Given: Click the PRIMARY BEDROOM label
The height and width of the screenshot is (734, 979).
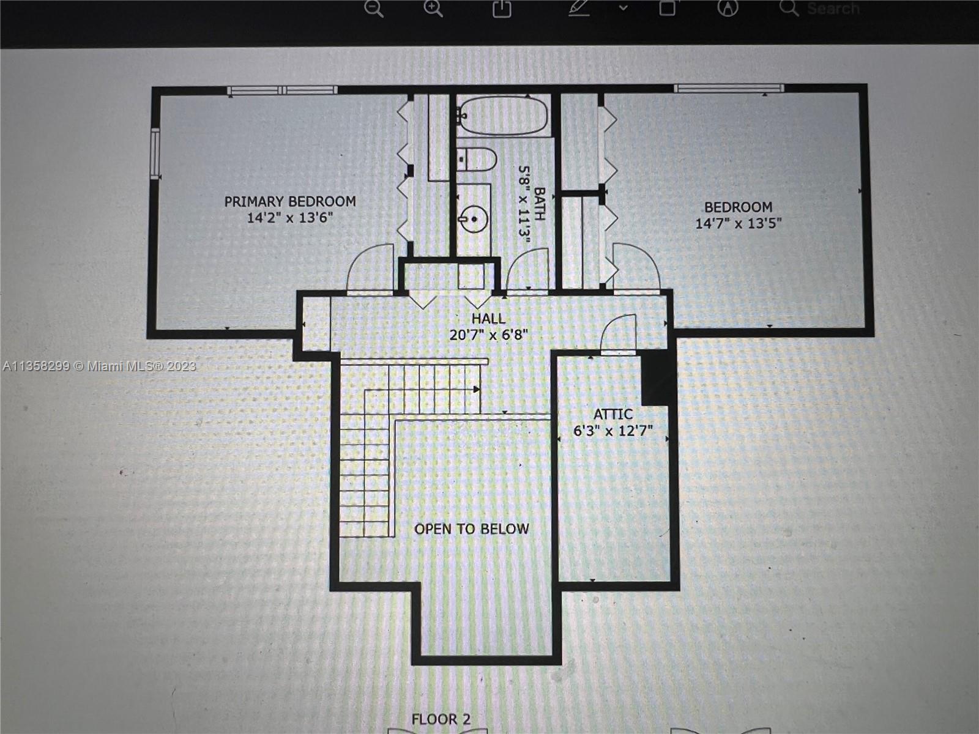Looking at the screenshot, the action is click(x=290, y=201).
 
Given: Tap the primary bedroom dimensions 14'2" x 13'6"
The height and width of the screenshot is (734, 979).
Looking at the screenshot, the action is click(x=291, y=218).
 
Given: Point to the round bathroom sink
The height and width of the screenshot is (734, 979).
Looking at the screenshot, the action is click(x=474, y=219).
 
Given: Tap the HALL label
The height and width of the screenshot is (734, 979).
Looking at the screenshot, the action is click(x=489, y=318).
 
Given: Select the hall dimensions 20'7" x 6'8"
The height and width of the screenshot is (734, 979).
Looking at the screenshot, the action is click(x=489, y=335).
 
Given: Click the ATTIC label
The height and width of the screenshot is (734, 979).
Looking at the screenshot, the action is click(x=613, y=414).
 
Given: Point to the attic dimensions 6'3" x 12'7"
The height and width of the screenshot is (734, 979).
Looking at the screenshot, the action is click(x=613, y=431).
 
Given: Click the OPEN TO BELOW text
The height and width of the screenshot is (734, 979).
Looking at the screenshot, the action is click(x=472, y=529).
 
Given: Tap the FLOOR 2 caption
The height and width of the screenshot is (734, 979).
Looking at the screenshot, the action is click(x=441, y=719).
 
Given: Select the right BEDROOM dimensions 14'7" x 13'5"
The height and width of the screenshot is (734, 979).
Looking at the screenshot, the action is click(x=739, y=223).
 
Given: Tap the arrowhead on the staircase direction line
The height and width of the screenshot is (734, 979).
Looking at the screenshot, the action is click(x=477, y=390).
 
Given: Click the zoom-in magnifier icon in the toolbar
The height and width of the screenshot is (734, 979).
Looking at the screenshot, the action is click(x=433, y=9).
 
